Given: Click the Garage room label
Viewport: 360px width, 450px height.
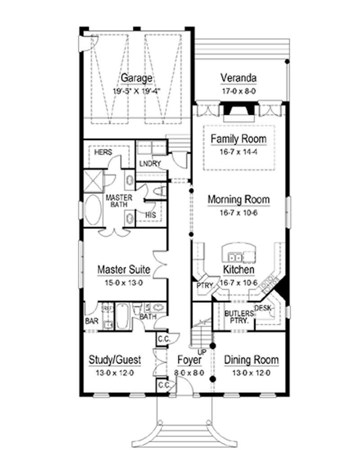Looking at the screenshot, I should pos(136,78).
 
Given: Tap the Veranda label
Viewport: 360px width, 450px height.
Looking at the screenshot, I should pos(238,78).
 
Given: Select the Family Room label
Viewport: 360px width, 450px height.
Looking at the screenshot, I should pos(238,139).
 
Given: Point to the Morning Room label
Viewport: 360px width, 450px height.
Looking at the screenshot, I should pos(238,199).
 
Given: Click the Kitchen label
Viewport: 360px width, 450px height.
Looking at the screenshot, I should pos(238,270).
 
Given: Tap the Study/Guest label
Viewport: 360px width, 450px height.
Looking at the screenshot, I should pos(115,360).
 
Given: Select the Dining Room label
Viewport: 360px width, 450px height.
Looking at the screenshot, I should pos(251,360).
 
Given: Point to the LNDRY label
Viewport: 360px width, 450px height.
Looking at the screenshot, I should pos(150,163).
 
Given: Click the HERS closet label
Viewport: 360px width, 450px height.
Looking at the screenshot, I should pos(103,153).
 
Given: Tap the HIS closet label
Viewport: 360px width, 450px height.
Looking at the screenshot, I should pos(150,216).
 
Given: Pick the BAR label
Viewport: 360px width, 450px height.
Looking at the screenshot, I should pos(91,322).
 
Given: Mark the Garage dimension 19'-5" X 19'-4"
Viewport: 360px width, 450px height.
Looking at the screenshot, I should pos(136,90).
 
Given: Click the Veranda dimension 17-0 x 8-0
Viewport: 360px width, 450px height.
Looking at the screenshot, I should pos(238,90).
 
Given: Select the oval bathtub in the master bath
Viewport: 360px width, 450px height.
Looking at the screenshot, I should pos(93,211).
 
